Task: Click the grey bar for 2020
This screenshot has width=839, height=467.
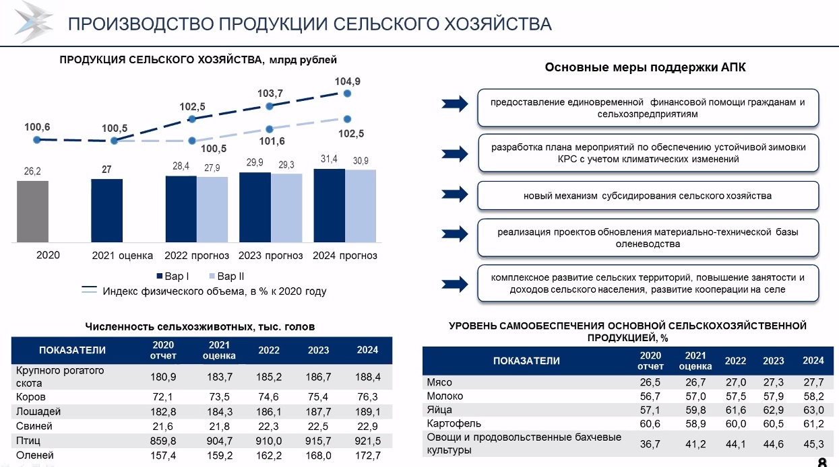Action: [32, 211]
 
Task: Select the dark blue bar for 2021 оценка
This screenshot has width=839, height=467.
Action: [107, 211]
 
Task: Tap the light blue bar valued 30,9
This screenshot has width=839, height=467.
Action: [361, 206]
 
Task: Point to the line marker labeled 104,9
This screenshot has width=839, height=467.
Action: [348, 94]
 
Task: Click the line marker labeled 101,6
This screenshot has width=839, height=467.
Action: [270, 129]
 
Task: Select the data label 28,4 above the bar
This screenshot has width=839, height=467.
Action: [181, 166]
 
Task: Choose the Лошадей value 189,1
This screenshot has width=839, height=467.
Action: [367, 411]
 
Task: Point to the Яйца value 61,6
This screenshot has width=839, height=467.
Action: [735, 410]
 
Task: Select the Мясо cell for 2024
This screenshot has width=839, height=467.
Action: [813, 382]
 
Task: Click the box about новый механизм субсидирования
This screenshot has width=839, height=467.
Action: [648, 196]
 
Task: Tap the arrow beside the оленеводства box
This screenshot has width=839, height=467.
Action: [454, 233]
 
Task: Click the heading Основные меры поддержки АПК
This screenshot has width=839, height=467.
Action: [645, 67]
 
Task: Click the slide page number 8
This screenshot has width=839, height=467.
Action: [822, 462]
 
